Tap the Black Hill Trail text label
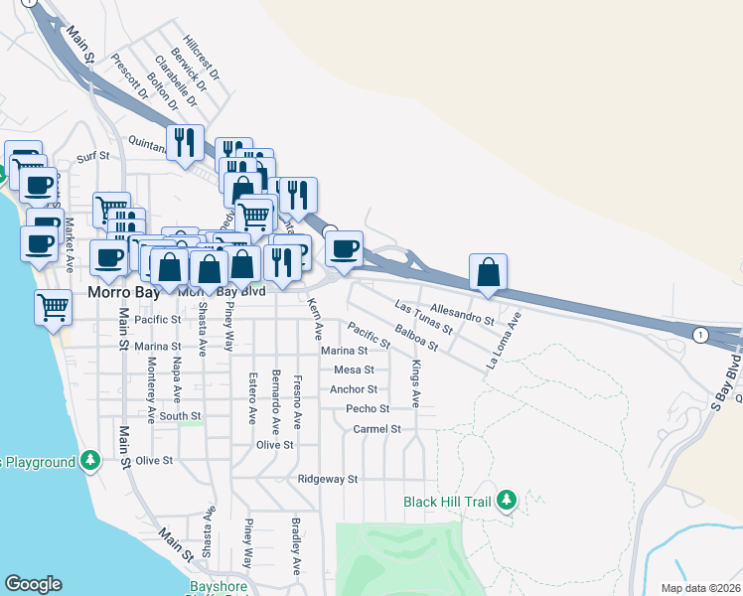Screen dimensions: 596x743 448,502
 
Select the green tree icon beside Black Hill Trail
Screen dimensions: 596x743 507,500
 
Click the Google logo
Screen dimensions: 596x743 33,584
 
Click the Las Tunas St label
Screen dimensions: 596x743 423,316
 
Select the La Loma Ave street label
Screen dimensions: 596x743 504,342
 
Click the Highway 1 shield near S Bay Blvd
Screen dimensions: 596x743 700,334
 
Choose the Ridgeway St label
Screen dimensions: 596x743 327,479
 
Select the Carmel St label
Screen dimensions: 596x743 376,429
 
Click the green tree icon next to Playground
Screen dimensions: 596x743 90,461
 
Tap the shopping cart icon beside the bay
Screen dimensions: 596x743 53,306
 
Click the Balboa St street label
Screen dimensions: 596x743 416,338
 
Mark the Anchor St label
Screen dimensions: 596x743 354,389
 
